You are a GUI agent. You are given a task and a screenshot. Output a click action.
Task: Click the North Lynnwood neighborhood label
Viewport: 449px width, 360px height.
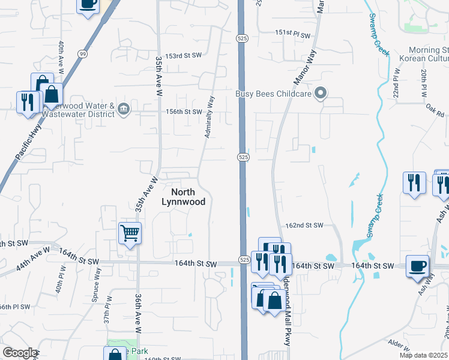pyautogui.click(x=184, y=197)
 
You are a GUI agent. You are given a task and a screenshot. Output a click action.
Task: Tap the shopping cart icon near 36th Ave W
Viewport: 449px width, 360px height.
pyautogui.click(x=130, y=233)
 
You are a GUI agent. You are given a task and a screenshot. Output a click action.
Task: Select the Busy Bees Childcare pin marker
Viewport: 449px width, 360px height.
pyautogui.click(x=321, y=93)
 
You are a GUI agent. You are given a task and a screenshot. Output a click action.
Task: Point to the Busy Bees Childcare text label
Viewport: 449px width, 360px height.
pyautogui.click(x=274, y=93)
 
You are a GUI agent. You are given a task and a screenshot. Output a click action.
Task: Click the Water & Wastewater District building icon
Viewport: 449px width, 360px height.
pyautogui.click(x=124, y=109)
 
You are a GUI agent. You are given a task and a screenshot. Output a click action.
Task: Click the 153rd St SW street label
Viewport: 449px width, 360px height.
pyautogui.click(x=184, y=55)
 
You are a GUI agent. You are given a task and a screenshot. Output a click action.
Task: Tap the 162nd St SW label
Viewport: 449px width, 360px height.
pyautogui.click(x=304, y=226)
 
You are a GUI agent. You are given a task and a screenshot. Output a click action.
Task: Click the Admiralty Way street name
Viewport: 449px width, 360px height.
pyautogui.click(x=209, y=116)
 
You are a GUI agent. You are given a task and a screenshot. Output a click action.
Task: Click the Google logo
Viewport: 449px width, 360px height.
pyautogui.click(x=20, y=353)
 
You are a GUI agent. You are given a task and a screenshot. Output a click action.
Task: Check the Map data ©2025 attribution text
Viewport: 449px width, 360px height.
pyautogui.click(x=423, y=355)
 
